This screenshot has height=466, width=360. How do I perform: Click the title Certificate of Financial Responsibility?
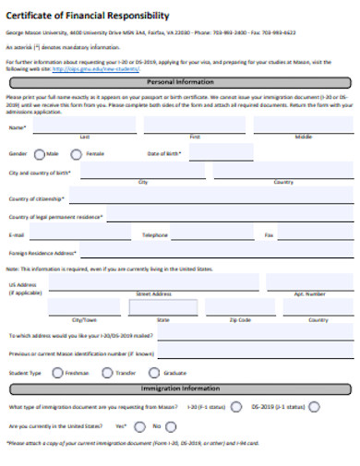(x=88, y=16)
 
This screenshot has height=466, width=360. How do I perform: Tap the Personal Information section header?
(x=180, y=81)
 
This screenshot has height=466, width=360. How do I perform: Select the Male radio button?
(x=38, y=153)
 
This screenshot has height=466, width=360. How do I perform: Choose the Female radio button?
(x=78, y=153)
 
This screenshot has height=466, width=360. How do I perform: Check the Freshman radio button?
(x=57, y=373)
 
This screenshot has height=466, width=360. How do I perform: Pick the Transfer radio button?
(x=105, y=373)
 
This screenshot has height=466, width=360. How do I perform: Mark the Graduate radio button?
(x=154, y=373)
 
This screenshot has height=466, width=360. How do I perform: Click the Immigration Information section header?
(x=180, y=388)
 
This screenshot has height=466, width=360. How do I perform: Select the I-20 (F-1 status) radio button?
(x=235, y=406)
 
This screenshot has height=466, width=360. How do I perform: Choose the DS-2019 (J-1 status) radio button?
(x=315, y=406)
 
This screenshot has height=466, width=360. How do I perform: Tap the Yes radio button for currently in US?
(x=139, y=426)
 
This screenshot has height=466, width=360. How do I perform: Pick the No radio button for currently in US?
(x=171, y=426)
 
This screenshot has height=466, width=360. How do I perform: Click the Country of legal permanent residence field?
(x=231, y=216)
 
